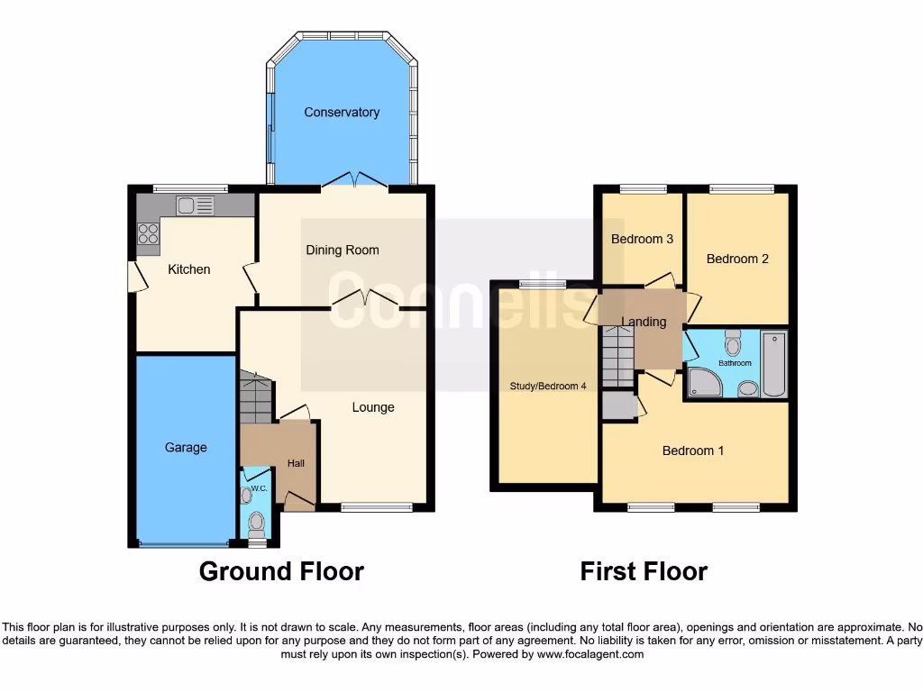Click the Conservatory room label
click(342, 113)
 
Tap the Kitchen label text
click(189, 269)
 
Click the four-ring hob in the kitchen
click(148, 234)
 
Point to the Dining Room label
click(342, 250)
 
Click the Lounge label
click(373, 407)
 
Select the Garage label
click(186, 448)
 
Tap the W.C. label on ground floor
click(259, 488)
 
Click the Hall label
click(296, 464)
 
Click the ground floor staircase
click(256, 398)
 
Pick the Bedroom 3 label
click(643, 240)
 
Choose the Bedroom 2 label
click(737, 259)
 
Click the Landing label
click(644, 323)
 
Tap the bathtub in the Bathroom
click(773, 365)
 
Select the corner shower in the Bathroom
click(702, 383)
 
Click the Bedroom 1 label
click(693, 451)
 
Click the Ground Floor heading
click(281, 571)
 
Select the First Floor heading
click(644, 571)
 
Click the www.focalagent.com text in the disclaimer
click(589, 654)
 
